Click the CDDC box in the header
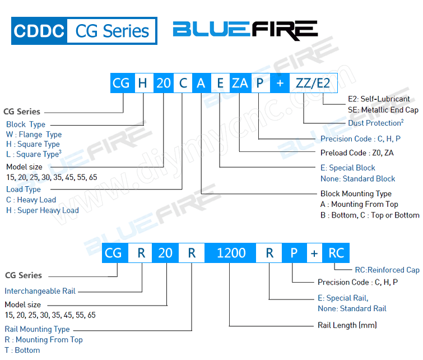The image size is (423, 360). click(x=39, y=31)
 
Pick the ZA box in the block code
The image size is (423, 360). click(x=240, y=84)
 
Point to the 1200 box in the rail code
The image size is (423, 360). click(x=231, y=253)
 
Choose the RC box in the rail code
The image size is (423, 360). click(x=336, y=253)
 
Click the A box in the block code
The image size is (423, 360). click(x=201, y=84)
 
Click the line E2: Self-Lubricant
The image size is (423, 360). click(x=379, y=99)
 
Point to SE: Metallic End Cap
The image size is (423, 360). click(x=383, y=110)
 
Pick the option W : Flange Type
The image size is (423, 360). click(x=34, y=135)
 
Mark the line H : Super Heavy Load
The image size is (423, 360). click(x=42, y=210)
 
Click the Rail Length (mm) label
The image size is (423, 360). click(x=347, y=325)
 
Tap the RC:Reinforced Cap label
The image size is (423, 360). click(x=387, y=270)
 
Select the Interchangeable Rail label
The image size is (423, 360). click(x=40, y=291)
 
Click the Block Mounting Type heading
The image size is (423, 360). click(x=356, y=194)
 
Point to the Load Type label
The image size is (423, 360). click(x=24, y=190)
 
